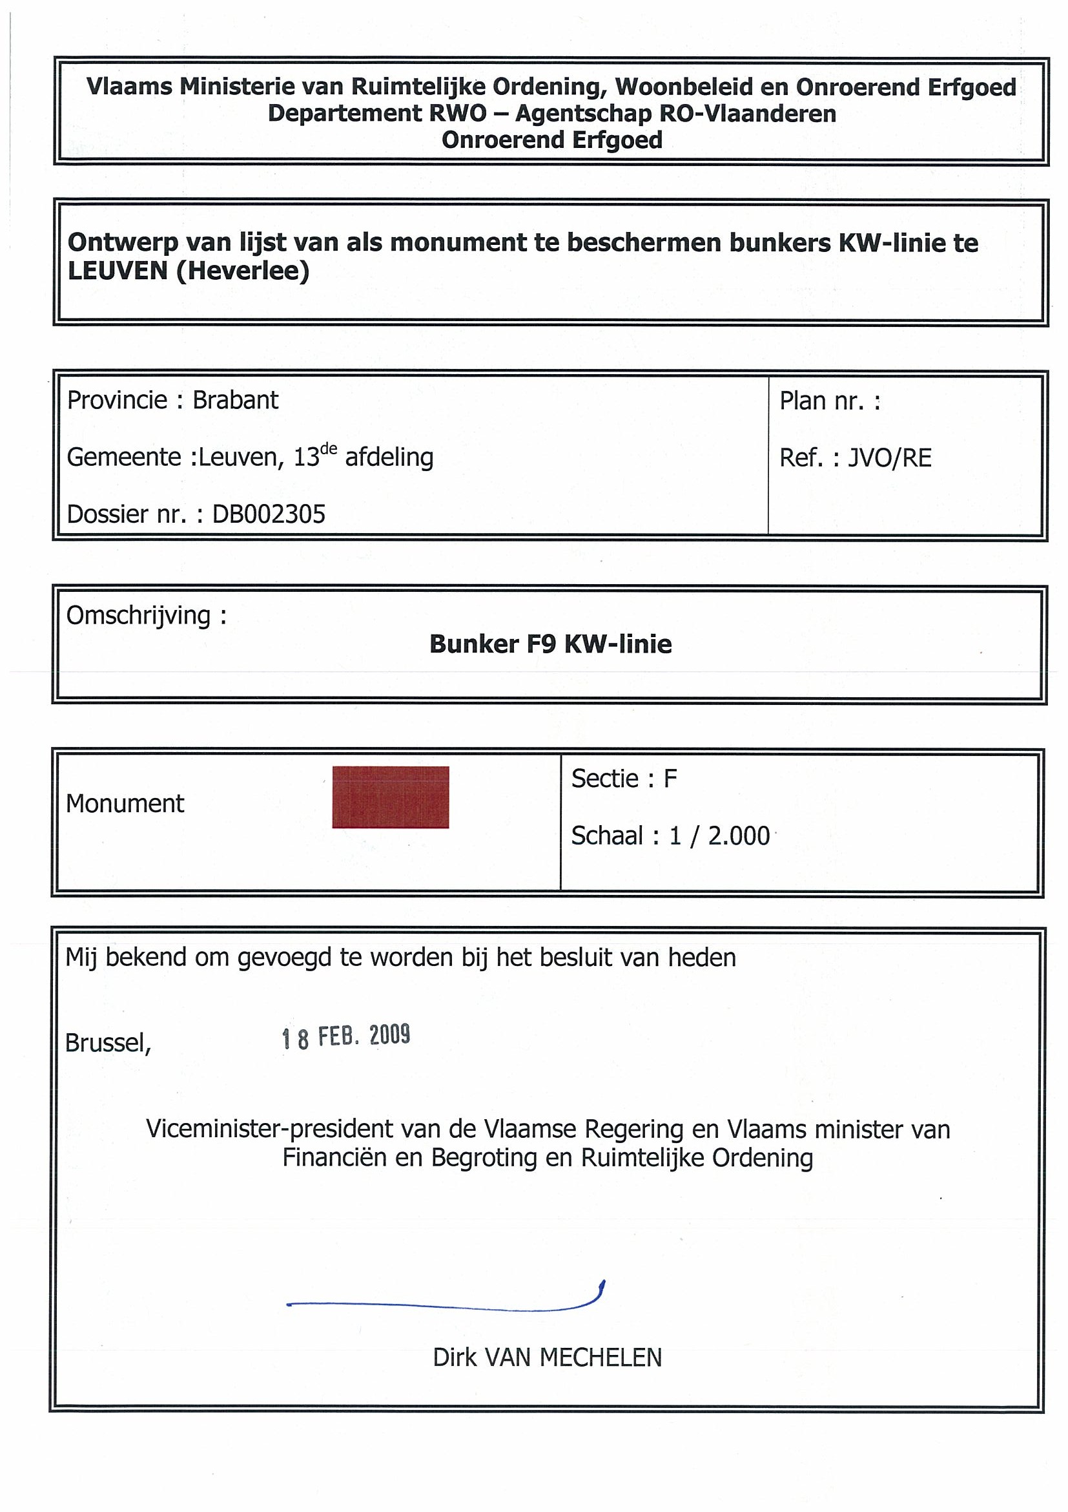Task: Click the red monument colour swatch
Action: pyautogui.click(x=390, y=797)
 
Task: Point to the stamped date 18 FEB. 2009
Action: pyautogui.click(x=346, y=1036)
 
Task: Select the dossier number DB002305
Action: pyautogui.click(x=269, y=514)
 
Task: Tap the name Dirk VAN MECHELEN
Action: pyautogui.click(x=547, y=1359)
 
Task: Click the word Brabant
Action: pyautogui.click(x=235, y=401)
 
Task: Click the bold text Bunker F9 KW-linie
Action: pyautogui.click(x=550, y=644)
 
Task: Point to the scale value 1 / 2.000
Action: pyautogui.click(x=719, y=835)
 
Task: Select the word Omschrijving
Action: pyautogui.click(x=138, y=616)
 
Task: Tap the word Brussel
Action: pyautogui.click(x=108, y=1043)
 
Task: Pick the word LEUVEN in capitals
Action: pyautogui.click(x=118, y=271)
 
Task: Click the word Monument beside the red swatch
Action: pyautogui.click(x=125, y=803)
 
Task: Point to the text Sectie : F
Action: pyautogui.click(x=624, y=779)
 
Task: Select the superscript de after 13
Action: pyautogui.click(x=328, y=449)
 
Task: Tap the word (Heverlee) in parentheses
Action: pyautogui.click(x=243, y=271)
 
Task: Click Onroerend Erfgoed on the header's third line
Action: pyautogui.click(x=551, y=140)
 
